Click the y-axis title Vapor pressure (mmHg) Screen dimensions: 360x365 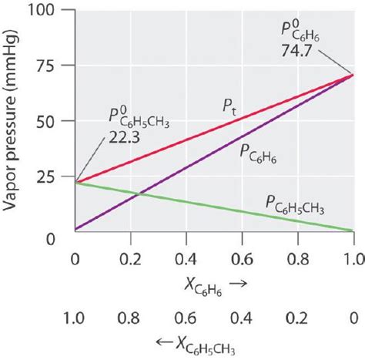(15, 123)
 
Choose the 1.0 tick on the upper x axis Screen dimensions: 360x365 (353, 254)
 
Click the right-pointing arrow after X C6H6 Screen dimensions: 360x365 (239, 284)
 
